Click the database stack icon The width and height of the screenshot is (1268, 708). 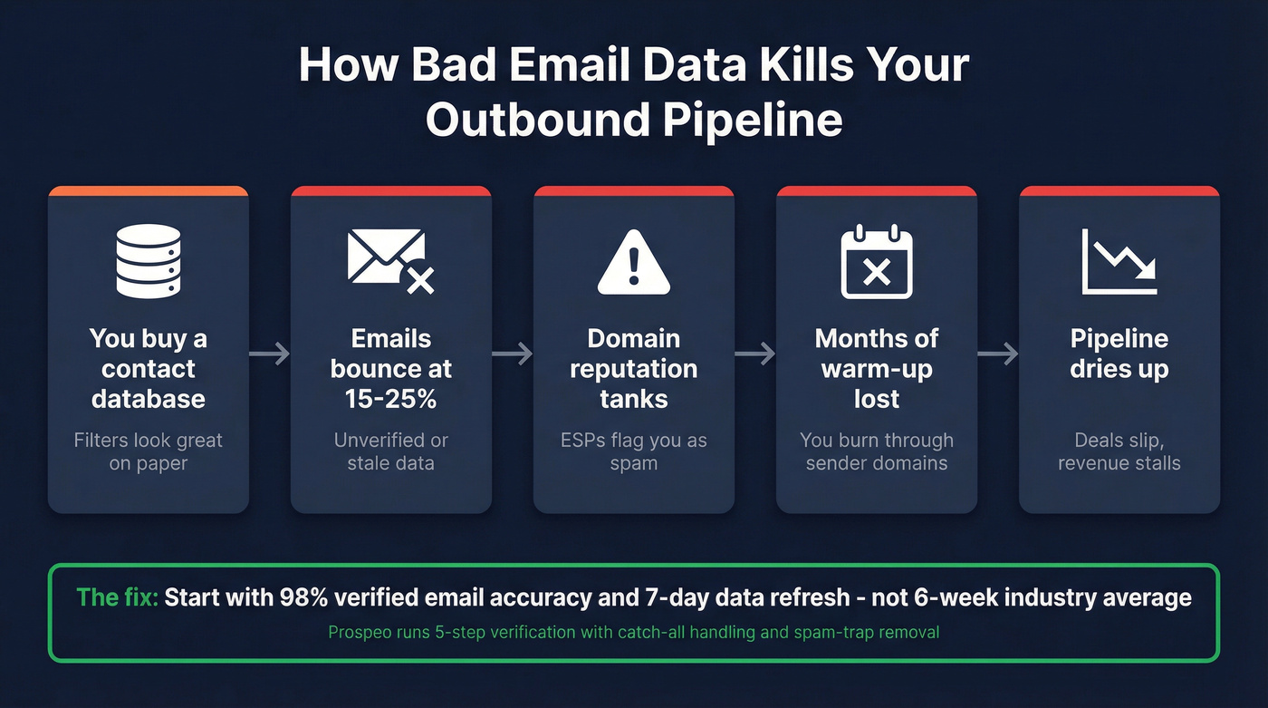pyautogui.click(x=148, y=261)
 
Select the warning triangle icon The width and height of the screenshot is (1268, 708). pyautogui.click(x=634, y=262)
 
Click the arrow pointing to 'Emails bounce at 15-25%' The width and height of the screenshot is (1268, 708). pyautogui.click(x=269, y=354)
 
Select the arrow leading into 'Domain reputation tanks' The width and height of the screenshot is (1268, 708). pyautogui.click(x=513, y=354)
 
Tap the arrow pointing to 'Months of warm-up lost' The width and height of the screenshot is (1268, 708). pyautogui.click(x=755, y=354)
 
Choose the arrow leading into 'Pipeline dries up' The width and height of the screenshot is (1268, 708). pyautogui.click(x=998, y=354)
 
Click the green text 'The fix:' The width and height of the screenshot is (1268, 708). pyautogui.click(x=117, y=597)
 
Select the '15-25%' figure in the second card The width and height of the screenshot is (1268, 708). pyautogui.click(x=391, y=399)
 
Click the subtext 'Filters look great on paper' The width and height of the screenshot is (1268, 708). pyautogui.click(x=148, y=451)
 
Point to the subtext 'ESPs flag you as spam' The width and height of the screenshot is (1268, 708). pyautogui.click(x=634, y=451)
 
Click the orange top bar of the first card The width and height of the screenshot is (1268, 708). pyautogui.click(x=148, y=191)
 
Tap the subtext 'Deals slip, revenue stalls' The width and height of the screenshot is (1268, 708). pyautogui.click(x=1119, y=451)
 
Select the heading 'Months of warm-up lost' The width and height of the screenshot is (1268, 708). pyautogui.click(x=877, y=368)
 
